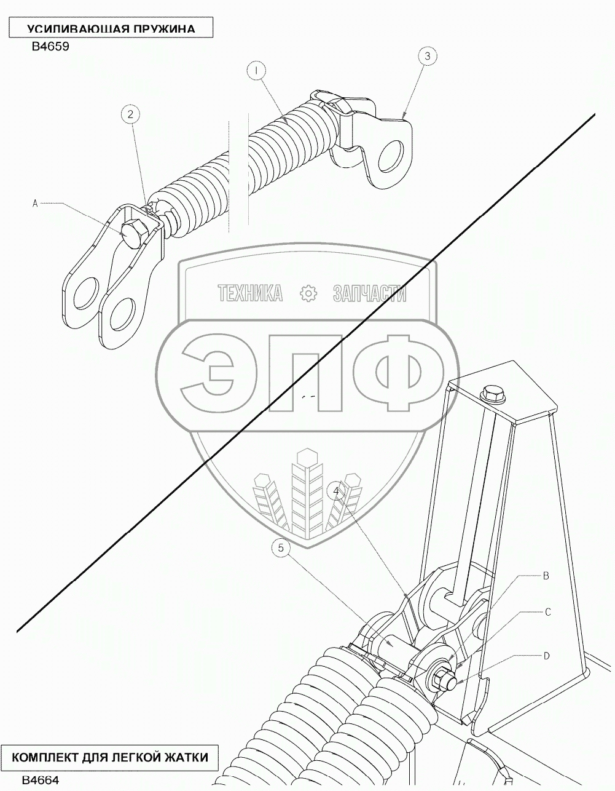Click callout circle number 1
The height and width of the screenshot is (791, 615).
(256, 71)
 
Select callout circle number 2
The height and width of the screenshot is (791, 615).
(130, 114)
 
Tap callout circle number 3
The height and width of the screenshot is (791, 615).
(428, 56)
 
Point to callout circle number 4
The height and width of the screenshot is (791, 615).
(336, 491)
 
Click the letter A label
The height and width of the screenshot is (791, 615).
(35, 204)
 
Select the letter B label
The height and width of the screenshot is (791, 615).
(546, 576)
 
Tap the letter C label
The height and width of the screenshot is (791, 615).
(548, 612)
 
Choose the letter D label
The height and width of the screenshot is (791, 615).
(546, 656)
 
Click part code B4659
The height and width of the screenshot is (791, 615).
(50, 47)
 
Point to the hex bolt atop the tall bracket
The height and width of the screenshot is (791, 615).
(493, 394)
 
